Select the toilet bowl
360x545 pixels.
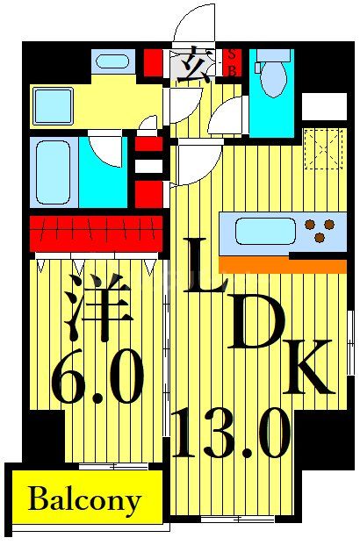point(273,77)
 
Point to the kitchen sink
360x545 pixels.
point(265,231)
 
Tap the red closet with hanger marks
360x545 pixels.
point(95,233)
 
